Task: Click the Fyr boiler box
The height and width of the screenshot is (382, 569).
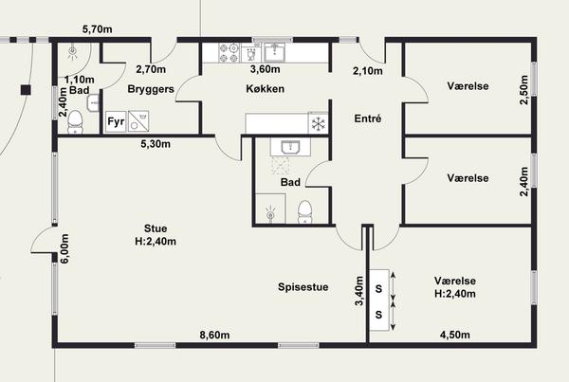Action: [116, 121]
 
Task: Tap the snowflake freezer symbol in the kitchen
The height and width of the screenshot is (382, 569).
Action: [319, 123]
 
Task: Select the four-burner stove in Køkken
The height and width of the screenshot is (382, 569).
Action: [229, 52]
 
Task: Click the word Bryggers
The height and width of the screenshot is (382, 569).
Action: [151, 89]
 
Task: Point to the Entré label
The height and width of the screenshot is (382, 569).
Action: [368, 118]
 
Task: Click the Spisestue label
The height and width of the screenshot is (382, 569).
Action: [303, 287]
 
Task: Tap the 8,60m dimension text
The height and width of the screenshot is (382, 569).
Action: [215, 335]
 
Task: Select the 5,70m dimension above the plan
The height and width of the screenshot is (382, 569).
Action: [98, 29]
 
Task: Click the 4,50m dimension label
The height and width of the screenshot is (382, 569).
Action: [454, 335]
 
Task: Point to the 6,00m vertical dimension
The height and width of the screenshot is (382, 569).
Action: [64, 249]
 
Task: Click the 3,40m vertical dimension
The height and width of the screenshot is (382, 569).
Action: [359, 291]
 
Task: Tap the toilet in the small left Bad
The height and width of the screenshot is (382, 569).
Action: [75, 122]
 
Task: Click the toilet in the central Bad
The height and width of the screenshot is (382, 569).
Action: [305, 212]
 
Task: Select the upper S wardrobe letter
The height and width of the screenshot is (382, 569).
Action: [378, 289]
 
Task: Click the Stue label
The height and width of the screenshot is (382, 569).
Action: [156, 228]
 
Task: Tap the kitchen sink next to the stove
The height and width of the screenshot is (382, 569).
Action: [274, 52]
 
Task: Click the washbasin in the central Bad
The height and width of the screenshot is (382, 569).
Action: [290, 148]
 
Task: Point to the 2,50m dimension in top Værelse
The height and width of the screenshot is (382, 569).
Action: [524, 90]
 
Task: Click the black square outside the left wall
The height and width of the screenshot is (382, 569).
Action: [26, 90]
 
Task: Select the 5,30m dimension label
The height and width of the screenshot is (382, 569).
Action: [156, 144]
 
